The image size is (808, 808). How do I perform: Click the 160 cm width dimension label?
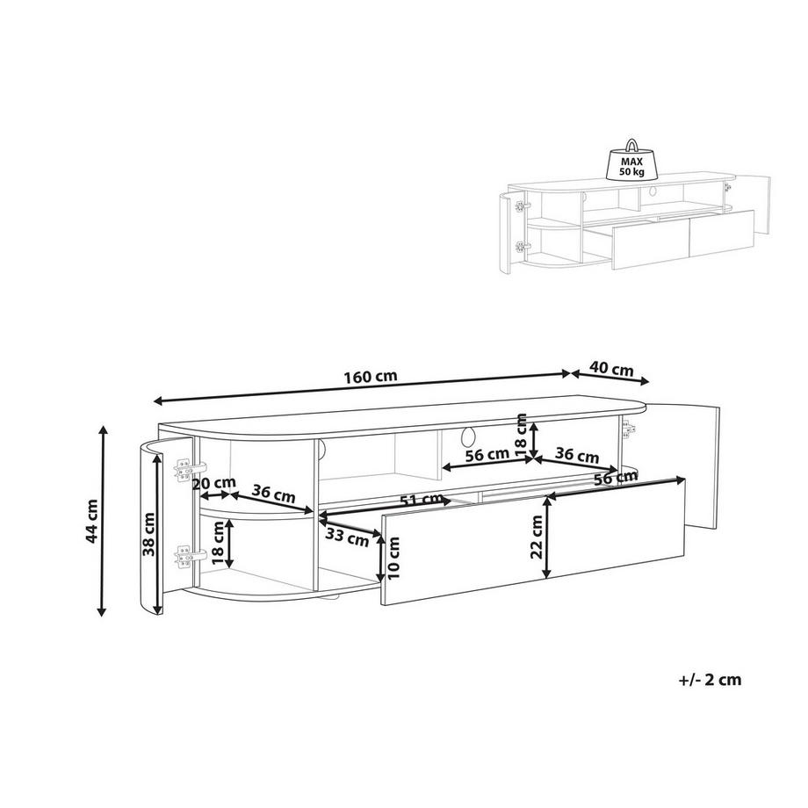coord(371,376)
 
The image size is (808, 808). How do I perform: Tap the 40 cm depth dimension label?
coord(611,369)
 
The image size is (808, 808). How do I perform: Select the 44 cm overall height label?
coord(92,521)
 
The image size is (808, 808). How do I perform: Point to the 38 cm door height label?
coord(148,534)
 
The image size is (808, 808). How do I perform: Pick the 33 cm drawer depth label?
coord(347,537)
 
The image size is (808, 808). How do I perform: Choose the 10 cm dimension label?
coord(394,558)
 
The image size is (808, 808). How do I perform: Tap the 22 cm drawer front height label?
coord(537,537)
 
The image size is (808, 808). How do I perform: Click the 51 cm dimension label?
coord(422,500)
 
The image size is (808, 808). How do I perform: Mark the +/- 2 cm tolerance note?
coord(711,680)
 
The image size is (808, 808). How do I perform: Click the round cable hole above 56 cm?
coord(468,436)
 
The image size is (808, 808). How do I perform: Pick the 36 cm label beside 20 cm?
coord(273,494)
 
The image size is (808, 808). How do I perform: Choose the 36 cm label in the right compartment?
coord(577,455)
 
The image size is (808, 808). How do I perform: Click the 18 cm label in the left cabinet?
coord(218,543)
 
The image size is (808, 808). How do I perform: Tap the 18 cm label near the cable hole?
coord(522,435)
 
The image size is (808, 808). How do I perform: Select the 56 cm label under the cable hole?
coord(487,455)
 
